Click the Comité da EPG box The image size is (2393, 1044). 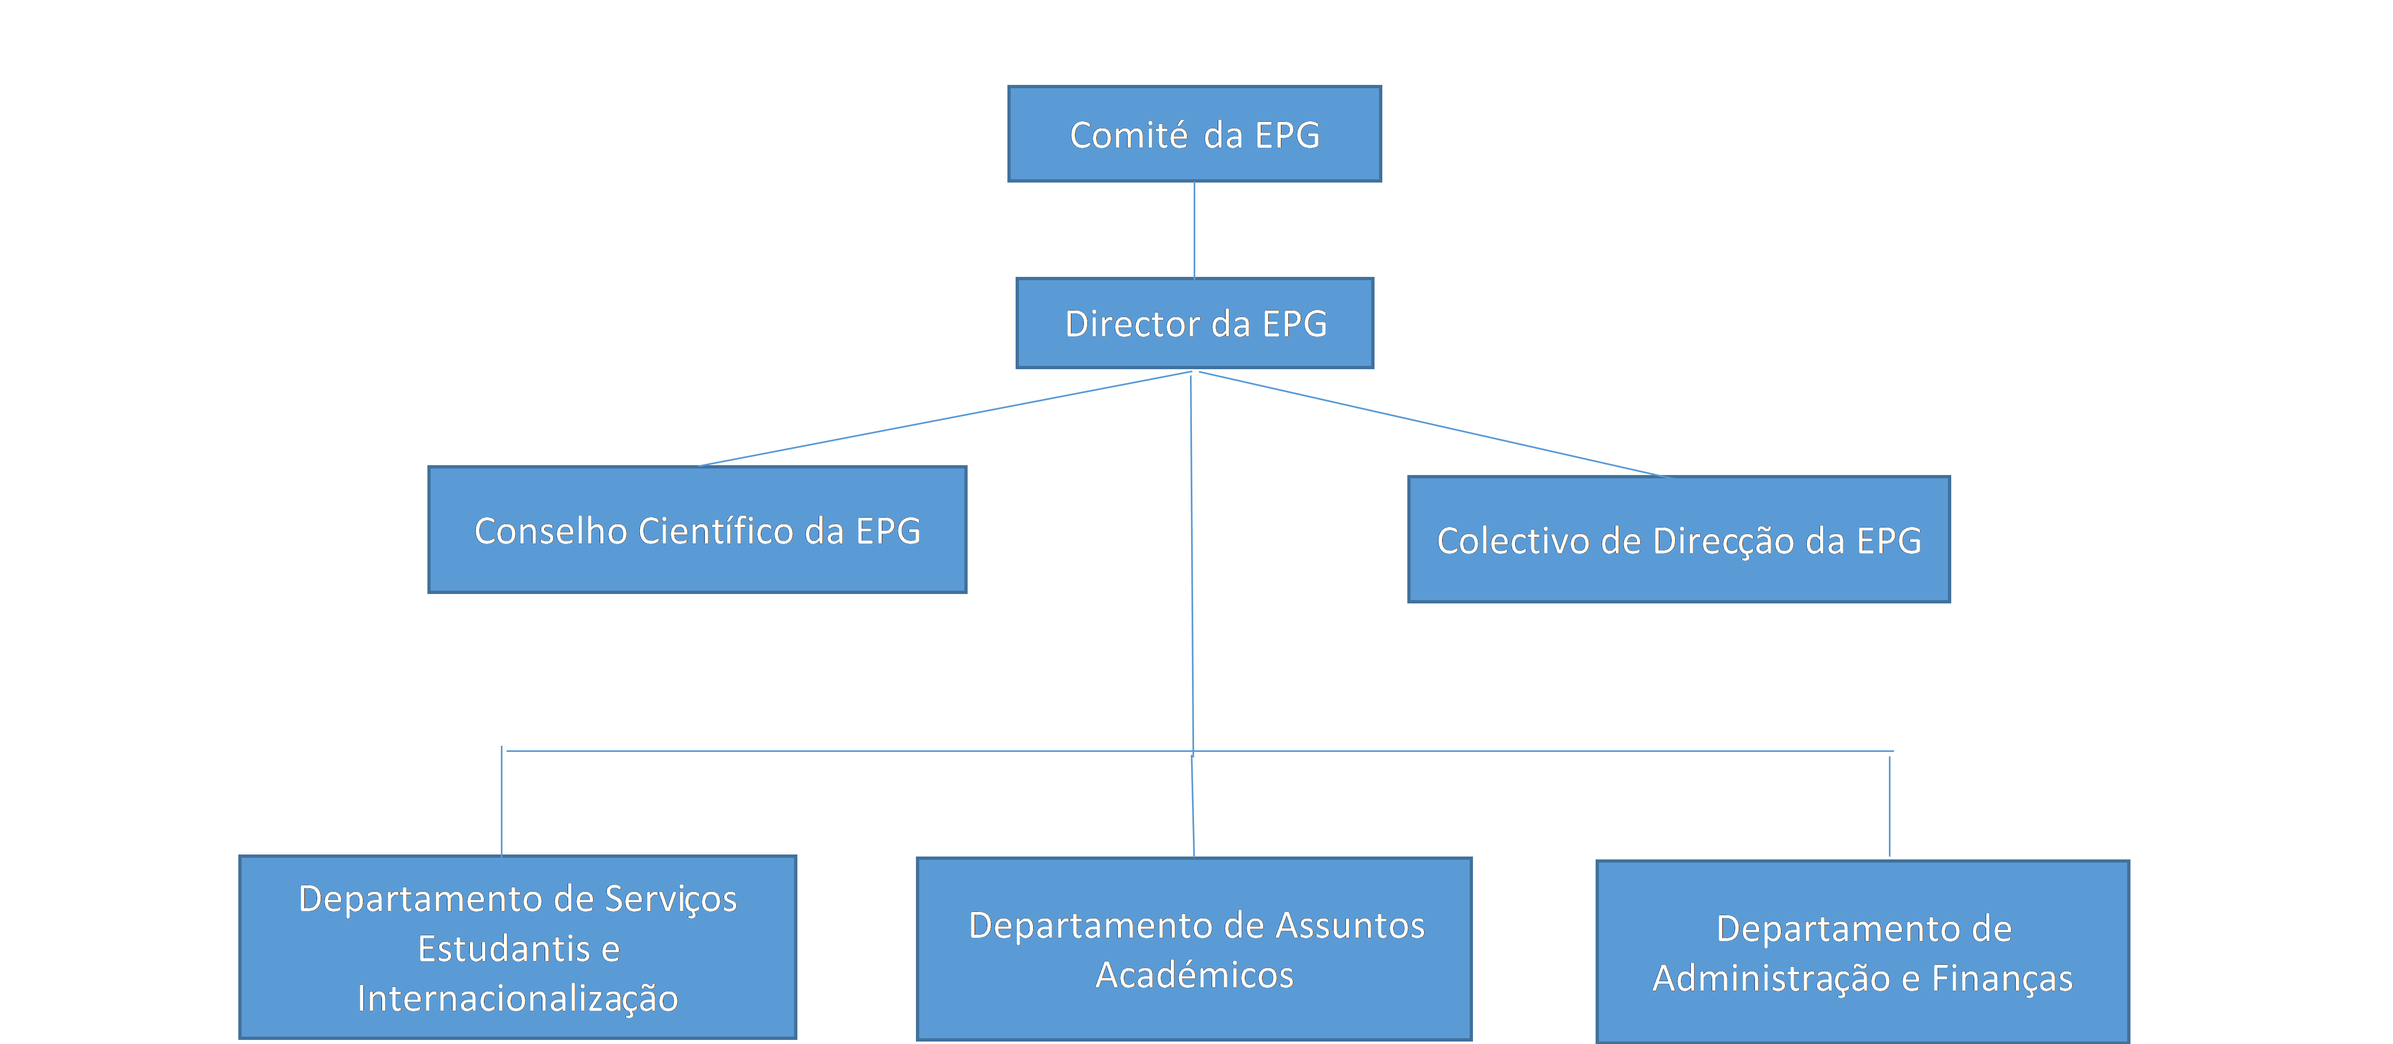pyautogui.click(x=1194, y=134)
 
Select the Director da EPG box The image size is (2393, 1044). pyautogui.click(x=1194, y=323)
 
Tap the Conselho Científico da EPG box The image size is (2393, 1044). pyautogui.click(x=698, y=530)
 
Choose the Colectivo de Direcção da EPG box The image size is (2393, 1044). pyautogui.click(x=1678, y=540)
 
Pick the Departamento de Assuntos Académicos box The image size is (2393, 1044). pyautogui.click(x=1194, y=948)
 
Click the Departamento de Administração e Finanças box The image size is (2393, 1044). pyautogui.click(x=1863, y=952)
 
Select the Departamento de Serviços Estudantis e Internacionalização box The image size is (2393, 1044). pyautogui.click(x=517, y=946)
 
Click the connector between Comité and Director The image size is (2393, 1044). pyautogui.click(x=1194, y=229)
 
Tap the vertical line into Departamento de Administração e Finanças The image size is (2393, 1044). pyautogui.click(x=1890, y=806)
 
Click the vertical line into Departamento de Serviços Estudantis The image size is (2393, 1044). pyautogui.click(x=502, y=801)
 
